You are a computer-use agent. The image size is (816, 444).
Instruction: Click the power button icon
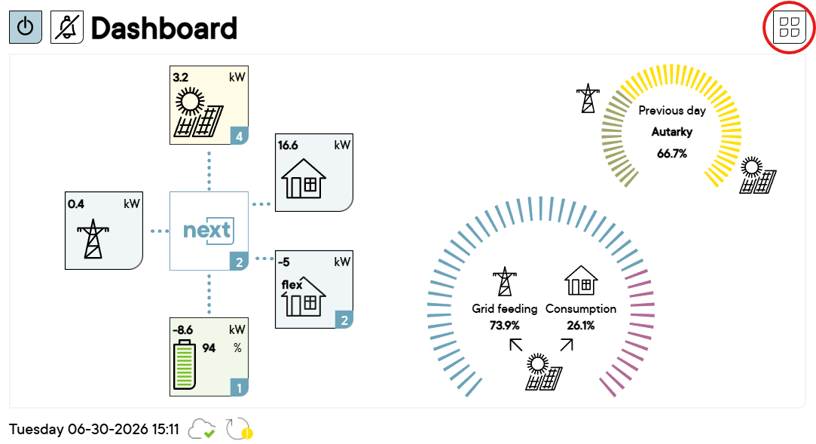tap(26, 27)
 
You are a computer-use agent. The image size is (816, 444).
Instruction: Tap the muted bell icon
tap(67, 27)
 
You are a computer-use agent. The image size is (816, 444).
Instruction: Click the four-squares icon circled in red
tap(790, 28)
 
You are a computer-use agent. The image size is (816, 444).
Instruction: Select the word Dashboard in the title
tap(164, 28)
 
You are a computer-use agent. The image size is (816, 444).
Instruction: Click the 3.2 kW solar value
tap(181, 78)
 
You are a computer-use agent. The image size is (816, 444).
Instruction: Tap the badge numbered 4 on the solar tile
tap(240, 136)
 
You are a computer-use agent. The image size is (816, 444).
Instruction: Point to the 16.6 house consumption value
tap(288, 145)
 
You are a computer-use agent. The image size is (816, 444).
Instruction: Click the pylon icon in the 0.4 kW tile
tap(93, 239)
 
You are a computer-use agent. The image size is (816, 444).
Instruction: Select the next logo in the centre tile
tap(208, 230)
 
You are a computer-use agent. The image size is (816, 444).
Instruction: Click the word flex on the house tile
tap(292, 285)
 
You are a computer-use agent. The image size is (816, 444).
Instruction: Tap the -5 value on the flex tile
tap(283, 262)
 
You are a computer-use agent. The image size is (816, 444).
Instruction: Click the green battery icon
tap(185, 364)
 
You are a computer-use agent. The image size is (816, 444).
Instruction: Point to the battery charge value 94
tap(209, 348)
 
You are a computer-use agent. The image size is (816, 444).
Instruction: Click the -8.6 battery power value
tap(182, 330)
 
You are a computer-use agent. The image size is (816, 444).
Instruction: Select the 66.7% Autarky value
tap(672, 154)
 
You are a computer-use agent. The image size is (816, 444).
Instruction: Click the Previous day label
tap(672, 110)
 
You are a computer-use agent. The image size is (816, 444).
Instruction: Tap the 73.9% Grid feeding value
tap(504, 326)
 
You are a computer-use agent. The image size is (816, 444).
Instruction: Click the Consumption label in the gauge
tap(581, 308)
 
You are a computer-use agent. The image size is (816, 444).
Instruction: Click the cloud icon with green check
tap(201, 429)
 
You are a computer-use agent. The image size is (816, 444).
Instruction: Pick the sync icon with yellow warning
tap(239, 429)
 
